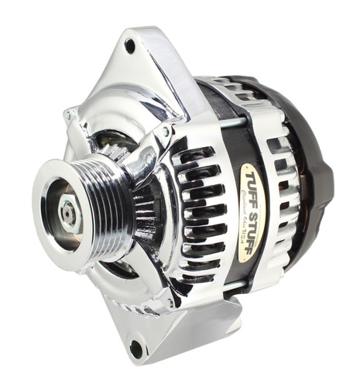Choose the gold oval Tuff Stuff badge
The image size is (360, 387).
pos(249,201)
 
